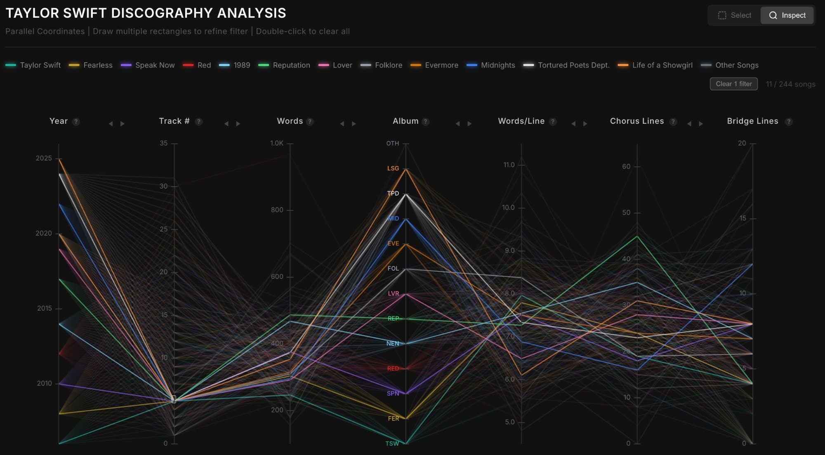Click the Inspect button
[787, 15]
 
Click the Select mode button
[735, 15]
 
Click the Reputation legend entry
[285, 65]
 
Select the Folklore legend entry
[382, 65]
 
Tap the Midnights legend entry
[491, 65]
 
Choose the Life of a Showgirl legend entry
[655, 65]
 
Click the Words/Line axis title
[521, 121]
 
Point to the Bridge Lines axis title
[752, 121]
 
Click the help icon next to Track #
[199, 122]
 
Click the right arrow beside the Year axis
[123, 124]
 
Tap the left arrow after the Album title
[457, 124]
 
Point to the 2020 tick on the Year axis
[44, 233]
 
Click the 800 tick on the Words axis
[277, 210]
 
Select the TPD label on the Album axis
[393, 193]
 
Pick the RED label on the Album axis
[393, 368]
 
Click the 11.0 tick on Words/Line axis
[509, 165]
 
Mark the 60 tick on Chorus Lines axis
[626, 167]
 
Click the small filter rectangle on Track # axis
[174, 399]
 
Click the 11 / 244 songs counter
[790, 84]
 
